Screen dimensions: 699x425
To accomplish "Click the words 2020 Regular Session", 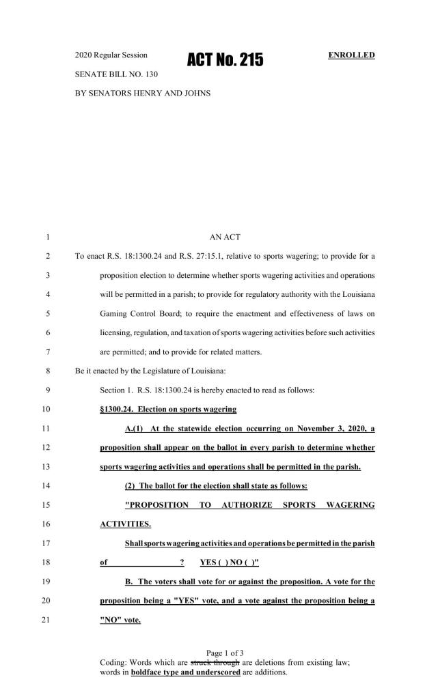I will click(x=111, y=54).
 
